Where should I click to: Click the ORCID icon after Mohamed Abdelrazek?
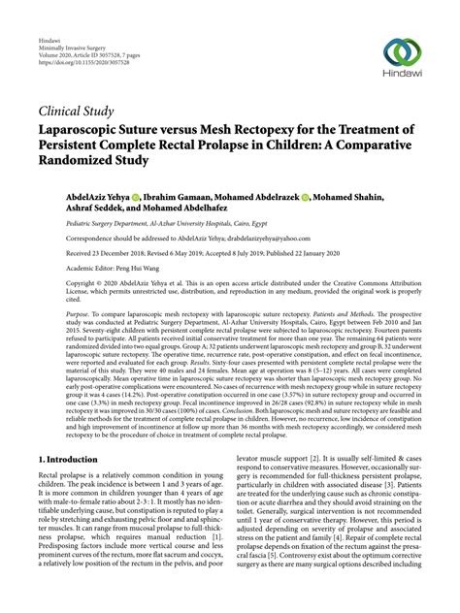pyautogui.click(x=305, y=195)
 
